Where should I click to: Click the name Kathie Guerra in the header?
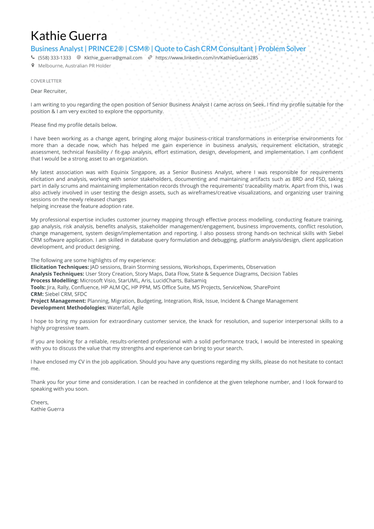tap(69, 36)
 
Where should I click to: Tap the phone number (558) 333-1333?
tap(54, 58)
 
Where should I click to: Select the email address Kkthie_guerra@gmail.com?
tap(113, 58)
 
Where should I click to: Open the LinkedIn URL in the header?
tap(206, 58)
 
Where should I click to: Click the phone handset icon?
tap(33, 57)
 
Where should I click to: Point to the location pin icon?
tap(33, 66)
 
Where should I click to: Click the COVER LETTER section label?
tap(46, 81)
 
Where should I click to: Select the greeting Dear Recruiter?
tap(49, 91)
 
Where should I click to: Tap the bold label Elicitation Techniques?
tap(59, 267)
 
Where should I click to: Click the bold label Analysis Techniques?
tap(57, 274)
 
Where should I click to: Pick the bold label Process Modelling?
tap(54, 281)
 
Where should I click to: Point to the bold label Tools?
tap(38, 287)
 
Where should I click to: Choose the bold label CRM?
tap(37, 294)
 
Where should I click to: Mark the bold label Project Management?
tap(58, 301)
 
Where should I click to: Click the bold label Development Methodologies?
tap(68, 308)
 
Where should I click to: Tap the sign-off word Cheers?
tap(39, 403)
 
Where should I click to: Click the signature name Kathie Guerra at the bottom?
tap(47, 409)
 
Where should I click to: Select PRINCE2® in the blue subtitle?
tap(106, 49)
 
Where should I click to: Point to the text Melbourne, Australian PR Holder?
tap(74, 66)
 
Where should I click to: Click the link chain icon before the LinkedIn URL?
tap(150, 57)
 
